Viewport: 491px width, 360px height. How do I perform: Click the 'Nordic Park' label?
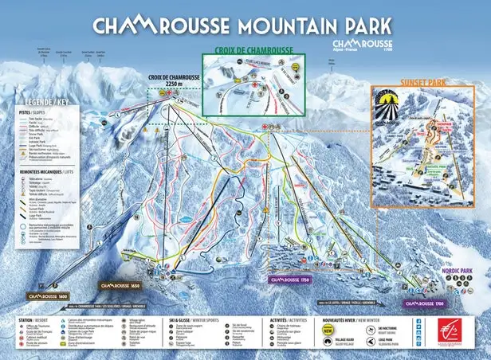465,272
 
